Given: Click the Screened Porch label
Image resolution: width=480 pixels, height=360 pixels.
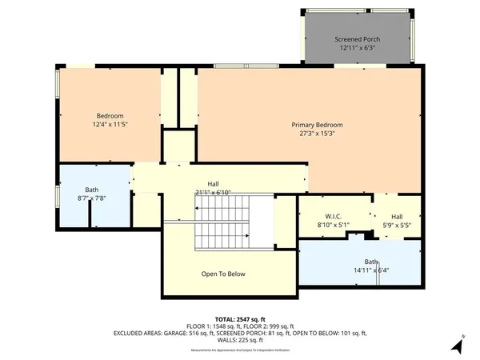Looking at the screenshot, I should tap(357, 39).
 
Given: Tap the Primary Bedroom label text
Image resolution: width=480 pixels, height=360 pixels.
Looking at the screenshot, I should tap(317, 125).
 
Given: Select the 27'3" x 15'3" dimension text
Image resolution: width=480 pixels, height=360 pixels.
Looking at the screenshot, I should tap(317, 134).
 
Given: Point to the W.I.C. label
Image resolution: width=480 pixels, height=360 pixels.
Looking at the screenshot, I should tap(334, 217).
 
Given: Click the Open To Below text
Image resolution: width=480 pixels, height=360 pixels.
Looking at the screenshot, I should tap(222, 274).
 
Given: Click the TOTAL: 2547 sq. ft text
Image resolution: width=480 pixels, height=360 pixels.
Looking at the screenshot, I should tap(239, 318).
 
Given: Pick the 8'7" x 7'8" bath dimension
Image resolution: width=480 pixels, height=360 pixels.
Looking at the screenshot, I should tap(92, 198).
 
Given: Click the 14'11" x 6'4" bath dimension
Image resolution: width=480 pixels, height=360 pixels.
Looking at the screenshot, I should tap(371, 270).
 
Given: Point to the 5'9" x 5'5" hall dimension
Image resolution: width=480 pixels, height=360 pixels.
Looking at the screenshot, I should tap(397, 226).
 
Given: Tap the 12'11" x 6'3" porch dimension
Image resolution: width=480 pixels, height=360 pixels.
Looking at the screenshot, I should tap(357, 48).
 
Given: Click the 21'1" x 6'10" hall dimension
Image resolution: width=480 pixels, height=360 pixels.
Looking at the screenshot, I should tap(213, 192).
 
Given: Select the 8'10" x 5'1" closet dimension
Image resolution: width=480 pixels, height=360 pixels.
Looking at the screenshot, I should tap(334, 226).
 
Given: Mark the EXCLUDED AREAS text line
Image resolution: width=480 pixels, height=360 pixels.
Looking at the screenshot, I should tap(239, 333).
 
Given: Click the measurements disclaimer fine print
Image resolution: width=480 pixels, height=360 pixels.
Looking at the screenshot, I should tap(239, 346).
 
